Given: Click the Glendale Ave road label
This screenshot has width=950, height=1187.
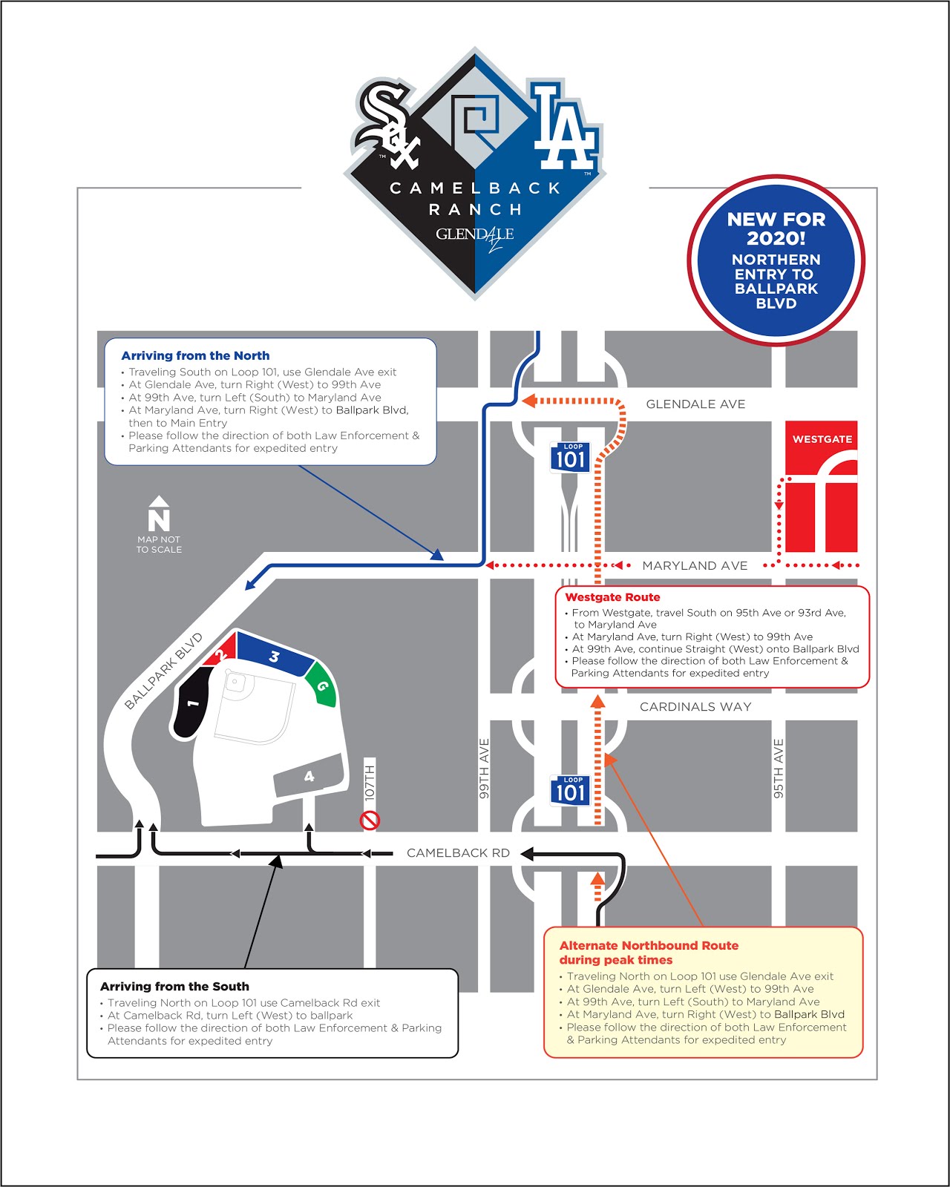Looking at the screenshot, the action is tap(695, 404).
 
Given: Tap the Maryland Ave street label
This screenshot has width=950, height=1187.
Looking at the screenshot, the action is tap(695, 566).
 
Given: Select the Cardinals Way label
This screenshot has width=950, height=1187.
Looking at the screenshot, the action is tap(695, 707).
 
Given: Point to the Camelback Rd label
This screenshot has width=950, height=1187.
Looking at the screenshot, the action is tap(458, 853).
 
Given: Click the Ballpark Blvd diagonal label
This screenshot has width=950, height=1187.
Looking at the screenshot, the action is tap(163, 671).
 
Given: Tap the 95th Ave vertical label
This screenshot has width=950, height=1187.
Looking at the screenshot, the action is tap(779, 769).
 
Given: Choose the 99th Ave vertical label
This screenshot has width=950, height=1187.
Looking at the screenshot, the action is tap(484, 769).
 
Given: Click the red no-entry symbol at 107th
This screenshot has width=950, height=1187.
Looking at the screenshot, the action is tap(370, 820).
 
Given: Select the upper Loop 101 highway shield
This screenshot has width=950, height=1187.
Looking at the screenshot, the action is tap(570, 457).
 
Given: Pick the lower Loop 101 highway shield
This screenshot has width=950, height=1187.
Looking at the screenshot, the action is tap(570, 790).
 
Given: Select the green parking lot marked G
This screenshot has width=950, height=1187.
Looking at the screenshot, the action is tap(322, 685).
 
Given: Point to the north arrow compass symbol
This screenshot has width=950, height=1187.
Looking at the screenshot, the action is tap(159, 513).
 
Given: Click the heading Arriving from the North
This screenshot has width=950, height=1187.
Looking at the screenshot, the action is tap(195, 356).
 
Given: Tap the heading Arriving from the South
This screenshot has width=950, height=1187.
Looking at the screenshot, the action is tap(174, 987).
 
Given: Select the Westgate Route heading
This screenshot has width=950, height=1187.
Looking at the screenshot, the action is tap(612, 597).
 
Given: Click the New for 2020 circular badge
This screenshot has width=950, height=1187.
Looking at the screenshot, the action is tap(776, 260).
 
